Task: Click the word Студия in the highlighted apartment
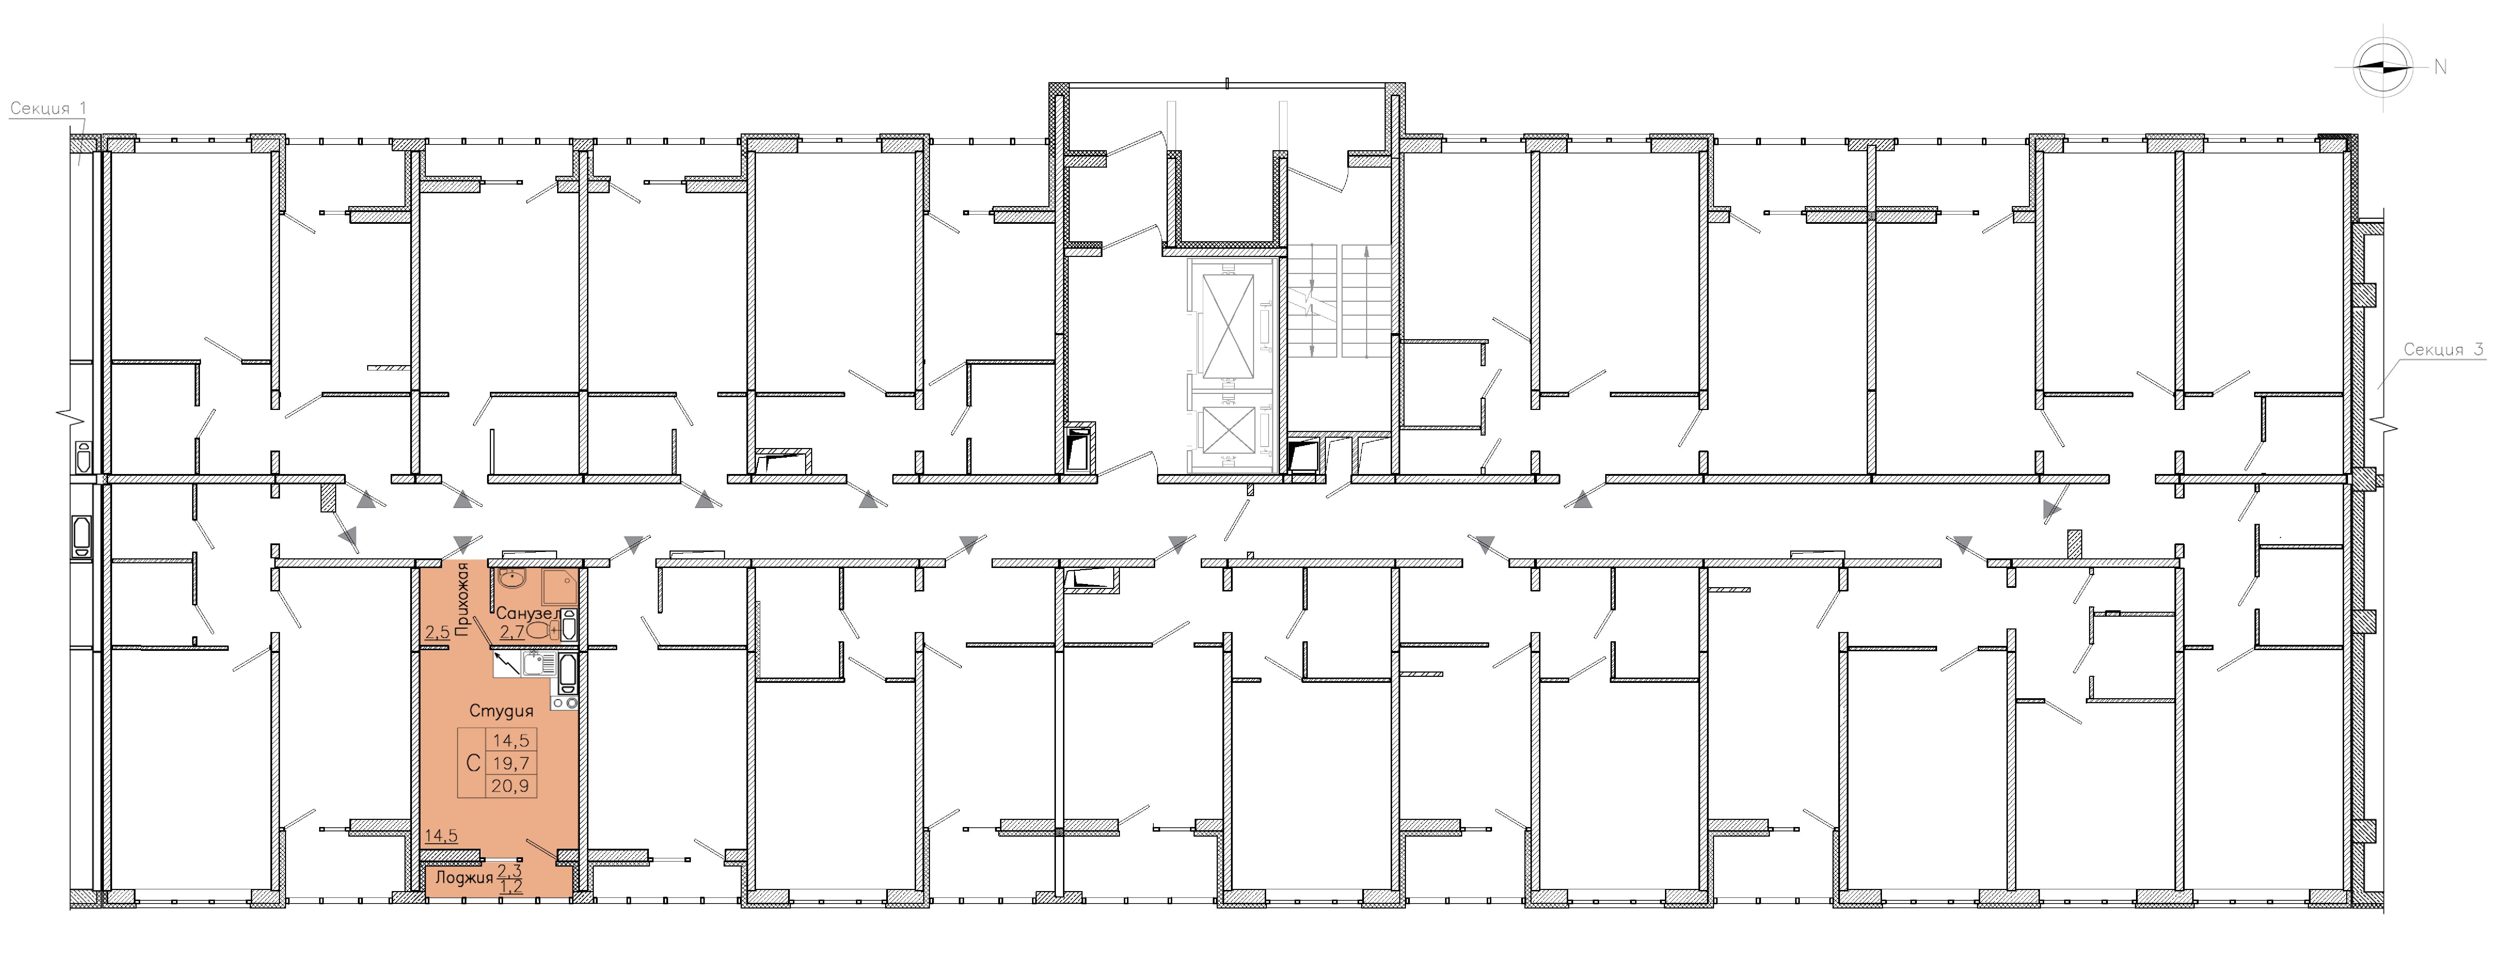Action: [501, 710]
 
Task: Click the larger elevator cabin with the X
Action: [1227, 323]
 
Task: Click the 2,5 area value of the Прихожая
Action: [437, 633]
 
